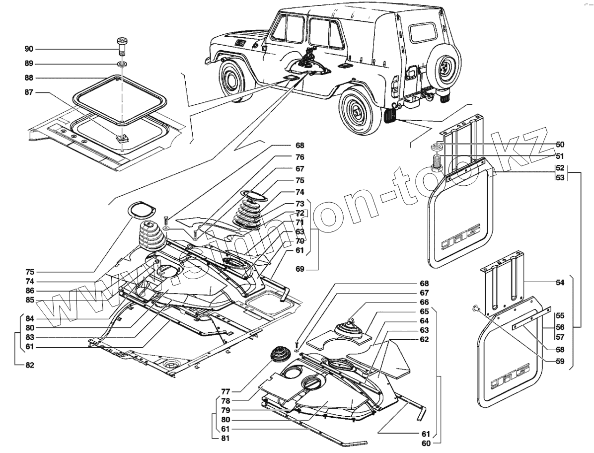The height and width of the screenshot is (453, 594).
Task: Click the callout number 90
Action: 28,49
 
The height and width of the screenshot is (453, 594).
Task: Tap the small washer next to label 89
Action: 122,64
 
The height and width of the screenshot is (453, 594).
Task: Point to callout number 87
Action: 28,92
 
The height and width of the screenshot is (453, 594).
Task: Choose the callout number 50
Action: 560,145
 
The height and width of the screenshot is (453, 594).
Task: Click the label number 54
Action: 560,282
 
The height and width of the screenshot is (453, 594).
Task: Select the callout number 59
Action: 560,362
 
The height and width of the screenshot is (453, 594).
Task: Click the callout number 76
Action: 299,157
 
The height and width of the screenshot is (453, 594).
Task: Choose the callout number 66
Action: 424,302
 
